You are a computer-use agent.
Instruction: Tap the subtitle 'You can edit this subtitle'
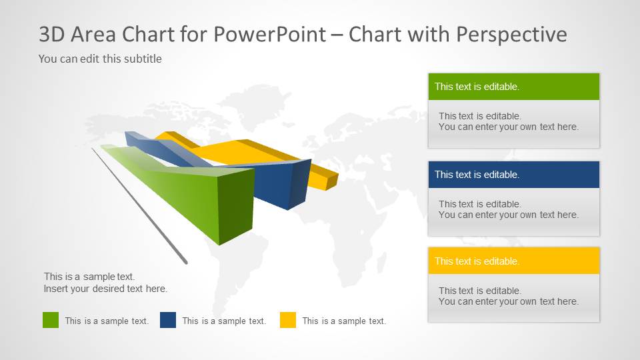click(100, 59)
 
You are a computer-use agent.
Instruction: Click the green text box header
click(513, 87)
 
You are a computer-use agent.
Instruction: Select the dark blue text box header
click(513, 175)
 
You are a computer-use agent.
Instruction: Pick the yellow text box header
click(513, 261)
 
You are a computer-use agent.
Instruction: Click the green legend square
click(51, 320)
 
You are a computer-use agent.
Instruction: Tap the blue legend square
click(168, 320)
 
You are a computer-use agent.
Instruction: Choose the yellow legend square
click(288, 320)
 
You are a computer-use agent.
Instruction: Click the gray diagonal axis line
click(140, 207)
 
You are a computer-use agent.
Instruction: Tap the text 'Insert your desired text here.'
click(105, 289)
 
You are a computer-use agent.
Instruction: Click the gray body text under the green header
click(508, 121)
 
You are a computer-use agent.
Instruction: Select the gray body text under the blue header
click(508, 209)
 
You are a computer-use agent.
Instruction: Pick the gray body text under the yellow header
click(508, 296)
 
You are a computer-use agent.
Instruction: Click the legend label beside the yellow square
click(344, 321)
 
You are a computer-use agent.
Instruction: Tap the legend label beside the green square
click(107, 321)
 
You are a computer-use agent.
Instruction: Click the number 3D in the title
click(52, 35)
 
